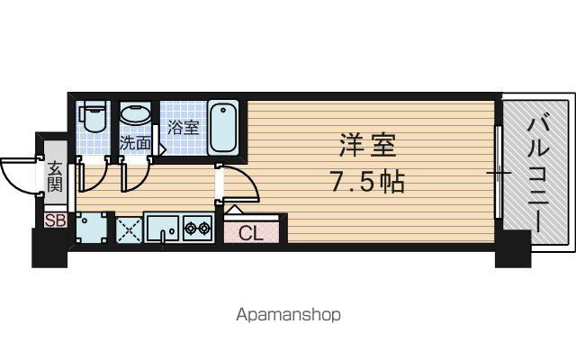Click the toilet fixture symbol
(x=94, y=116)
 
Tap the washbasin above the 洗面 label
(x=136, y=114)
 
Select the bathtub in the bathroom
(x=223, y=127)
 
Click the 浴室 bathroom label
(x=184, y=128)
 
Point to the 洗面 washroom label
(x=135, y=143)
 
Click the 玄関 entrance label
(x=55, y=176)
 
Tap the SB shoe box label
(x=56, y=220)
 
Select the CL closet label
(x=251, y=233)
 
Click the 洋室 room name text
(x=367, y=145)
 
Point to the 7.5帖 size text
(x=368, y=182)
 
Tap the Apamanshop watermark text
(x=288, y=315)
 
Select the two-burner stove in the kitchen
(x=198, y=229)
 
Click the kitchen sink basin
(x=162, y=229)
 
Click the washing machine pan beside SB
(x=92, y=228)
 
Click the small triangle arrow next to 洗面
(x=162, y=149)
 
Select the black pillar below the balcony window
(x=513, y=249)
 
